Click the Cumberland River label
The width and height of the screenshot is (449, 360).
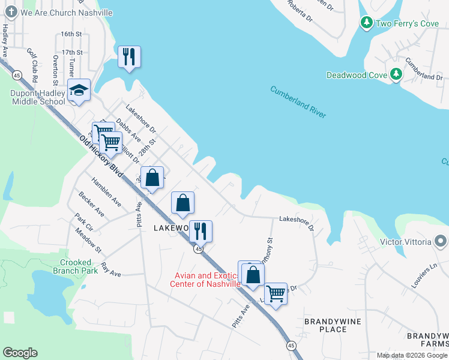(x=298, y=102)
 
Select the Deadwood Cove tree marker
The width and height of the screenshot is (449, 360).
(x=396, y=74)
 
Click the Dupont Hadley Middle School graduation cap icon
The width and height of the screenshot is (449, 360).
(x=79, y=91)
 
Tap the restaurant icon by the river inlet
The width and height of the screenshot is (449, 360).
(x=129, y=57)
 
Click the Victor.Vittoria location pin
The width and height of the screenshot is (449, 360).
(x=441, y=242)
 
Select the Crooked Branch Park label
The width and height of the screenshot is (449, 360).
(x=76, y=266)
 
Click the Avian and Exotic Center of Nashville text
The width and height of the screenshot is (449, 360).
(x=207, y=280)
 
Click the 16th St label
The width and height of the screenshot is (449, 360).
(x=71, y=34)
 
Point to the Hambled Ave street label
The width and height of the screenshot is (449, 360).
(x=107, y=191)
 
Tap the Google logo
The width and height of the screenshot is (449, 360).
(x=20, y=353)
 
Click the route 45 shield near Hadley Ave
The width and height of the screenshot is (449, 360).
(x=17, y=75)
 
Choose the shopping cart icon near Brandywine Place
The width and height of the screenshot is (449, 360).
(x=276, y=294)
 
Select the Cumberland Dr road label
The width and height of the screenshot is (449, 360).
(x=423, y=68)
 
